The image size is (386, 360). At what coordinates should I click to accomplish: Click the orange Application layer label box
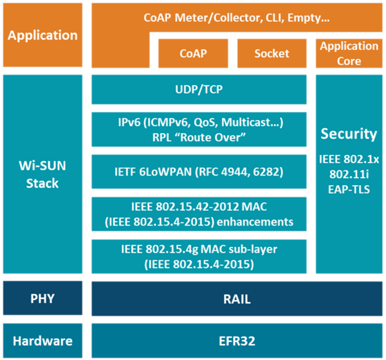pyautogui.click(x=42, y=35)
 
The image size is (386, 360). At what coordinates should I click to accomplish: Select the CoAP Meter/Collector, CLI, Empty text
pyautogui.click(x=236, y=19)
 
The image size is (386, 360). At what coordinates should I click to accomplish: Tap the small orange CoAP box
pyautogui.click(x=193, y=53)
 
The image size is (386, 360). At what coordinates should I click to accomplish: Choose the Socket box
pyautogui.click(x=271, y=53)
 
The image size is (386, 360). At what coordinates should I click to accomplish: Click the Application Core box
pyautogui.click(x=349, y=53)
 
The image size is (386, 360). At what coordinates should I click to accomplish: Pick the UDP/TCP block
pyautogui.click(x=199, y=89)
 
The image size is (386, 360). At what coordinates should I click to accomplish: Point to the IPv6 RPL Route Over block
pyautogui.click(x=199, y=129)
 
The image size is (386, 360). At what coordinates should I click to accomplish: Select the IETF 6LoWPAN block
pyautogui.click(x=199, y=172)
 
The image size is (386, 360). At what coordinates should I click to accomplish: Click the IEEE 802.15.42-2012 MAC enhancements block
pyautogui.click(x=199, y=215)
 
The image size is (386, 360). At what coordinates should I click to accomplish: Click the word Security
pyautogui.click(x=349, y=134)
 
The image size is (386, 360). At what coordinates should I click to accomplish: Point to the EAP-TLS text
pyautogui.click(x=349, y=190)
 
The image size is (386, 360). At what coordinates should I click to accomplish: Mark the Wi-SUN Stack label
pyautogui.click(x=42, y=175)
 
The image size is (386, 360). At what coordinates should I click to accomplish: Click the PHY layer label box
pyautogui.click(x=42, y=299)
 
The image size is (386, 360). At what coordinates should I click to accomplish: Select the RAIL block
pyautogui.click(x=236, y=299)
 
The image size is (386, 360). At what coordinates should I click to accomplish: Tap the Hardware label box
pyautogui.click(x=42, y=341)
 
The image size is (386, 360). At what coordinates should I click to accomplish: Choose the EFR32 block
pyautogui.click(x=236, y=341)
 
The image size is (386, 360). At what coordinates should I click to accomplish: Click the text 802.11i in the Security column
pyautogui.click(x=349, y=174)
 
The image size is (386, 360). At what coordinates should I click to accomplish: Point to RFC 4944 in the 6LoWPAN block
pyautogui.click(x=241, y=172)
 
